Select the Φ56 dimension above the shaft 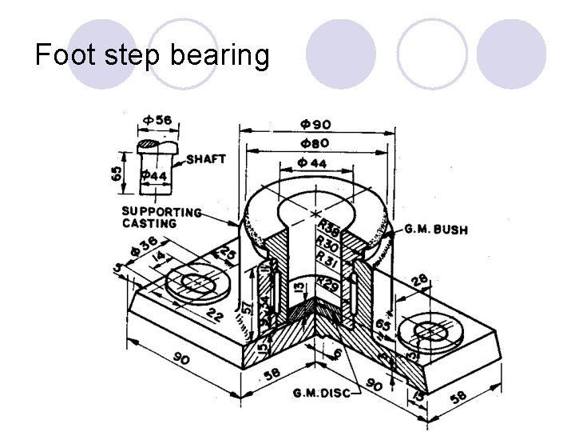point(157,120)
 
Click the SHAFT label point(205,159)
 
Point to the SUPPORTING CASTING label point(160,218)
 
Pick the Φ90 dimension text point(315,124)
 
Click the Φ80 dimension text point(315,143)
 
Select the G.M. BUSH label point(436,230)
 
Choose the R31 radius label point(327,256)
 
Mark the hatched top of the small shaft point(149,145)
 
